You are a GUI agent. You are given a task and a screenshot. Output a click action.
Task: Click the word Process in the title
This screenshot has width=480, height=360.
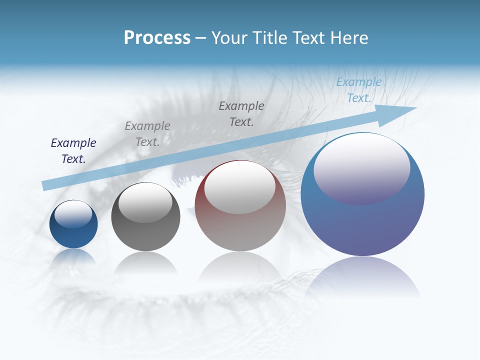coord(157,38)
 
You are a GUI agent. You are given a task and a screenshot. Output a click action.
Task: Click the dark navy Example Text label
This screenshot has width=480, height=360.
coord(73,151)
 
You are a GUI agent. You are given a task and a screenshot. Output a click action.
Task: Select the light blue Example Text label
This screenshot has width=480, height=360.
coord(358,90)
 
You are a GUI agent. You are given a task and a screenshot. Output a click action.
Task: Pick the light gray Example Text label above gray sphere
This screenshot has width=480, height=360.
coord(147,134)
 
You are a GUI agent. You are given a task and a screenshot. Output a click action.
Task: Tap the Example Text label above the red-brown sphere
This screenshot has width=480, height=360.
coord(241,113)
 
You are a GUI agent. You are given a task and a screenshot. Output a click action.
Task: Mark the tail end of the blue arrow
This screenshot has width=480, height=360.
coord(46,185)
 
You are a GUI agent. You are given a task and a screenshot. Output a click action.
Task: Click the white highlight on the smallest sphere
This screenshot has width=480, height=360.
coord(73,213)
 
